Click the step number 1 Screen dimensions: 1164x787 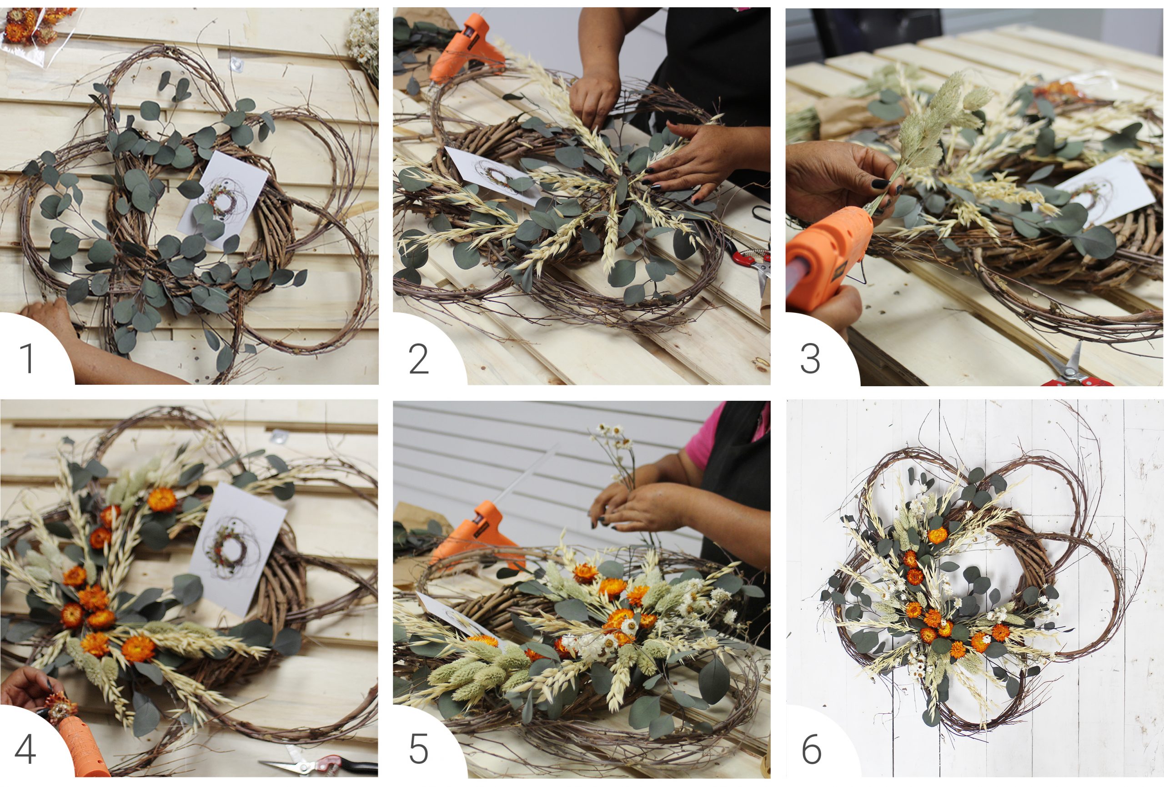click(27, 358)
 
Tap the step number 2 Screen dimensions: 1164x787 click(419, 358)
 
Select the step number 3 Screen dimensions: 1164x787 click(810, 358)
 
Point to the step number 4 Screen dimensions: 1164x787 click(25, 749)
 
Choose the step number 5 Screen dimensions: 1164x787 click(418, 749)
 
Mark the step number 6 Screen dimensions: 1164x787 click(812, 749)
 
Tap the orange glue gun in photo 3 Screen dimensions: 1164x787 click(827, 261)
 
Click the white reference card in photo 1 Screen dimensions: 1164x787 click(223, 193)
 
